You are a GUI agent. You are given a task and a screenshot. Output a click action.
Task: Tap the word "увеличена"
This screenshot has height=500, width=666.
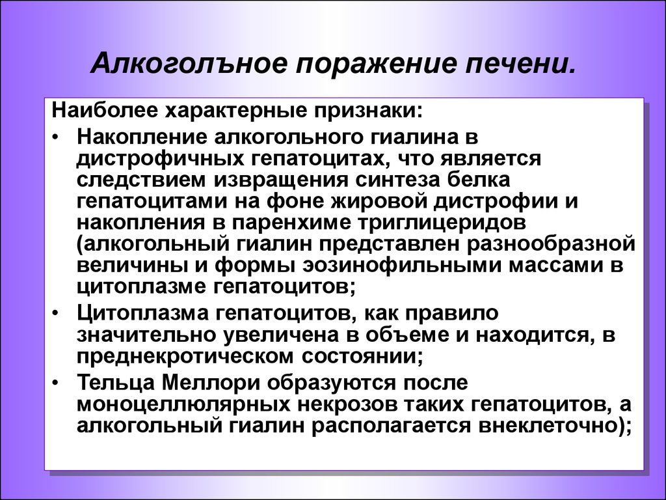point(284,335)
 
